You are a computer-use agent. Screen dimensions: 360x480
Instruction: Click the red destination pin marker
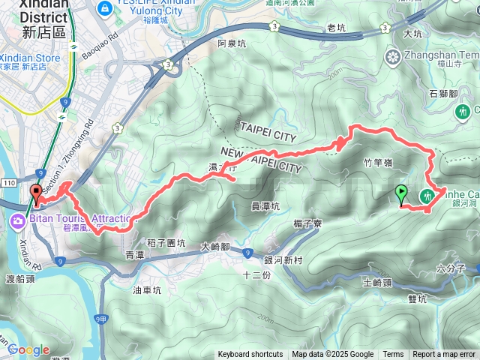(x=34, y=194)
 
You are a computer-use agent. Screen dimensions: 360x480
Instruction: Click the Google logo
(x=28, y=349)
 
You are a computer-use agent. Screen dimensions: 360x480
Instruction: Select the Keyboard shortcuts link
(x=250, y=355)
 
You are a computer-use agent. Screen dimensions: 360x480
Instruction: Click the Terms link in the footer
(x=393, y=355)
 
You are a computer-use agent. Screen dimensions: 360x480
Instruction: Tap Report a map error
(x=444, y=355)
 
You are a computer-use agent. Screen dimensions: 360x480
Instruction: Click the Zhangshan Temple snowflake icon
(x=392, y=56)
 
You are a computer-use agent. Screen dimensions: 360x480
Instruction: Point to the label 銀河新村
(x=283, y=259)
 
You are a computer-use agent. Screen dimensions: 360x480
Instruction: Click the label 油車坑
(x=147, y=289)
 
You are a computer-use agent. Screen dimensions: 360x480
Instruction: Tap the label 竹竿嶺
(x=378, y=161)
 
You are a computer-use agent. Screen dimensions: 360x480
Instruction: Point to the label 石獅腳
(x=443, y=93)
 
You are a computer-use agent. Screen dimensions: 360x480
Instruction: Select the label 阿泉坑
(x=232, y=43)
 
